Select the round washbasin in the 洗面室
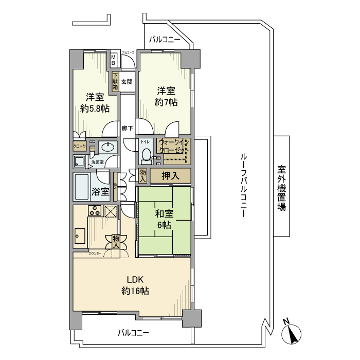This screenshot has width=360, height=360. [x=107, y=148]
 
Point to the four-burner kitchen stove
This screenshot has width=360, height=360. [x=95, y=210]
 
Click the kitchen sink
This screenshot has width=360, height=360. [x=80, y=237]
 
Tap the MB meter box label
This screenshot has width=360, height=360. [x=114, y=60]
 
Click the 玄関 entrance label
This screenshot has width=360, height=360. [x=127, y=81]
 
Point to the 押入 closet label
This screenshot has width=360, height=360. [x=170, y=176]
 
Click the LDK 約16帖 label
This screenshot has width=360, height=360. [x=135, y=285]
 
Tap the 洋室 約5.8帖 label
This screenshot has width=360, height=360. [x=95, y=103]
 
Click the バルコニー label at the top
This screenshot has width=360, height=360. [x=165, y=39]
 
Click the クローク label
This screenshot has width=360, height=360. [x=79, y=146]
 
